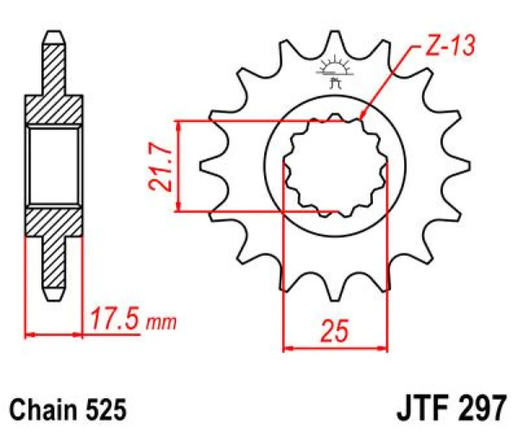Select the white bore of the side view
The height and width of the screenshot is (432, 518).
pos(54,166)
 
